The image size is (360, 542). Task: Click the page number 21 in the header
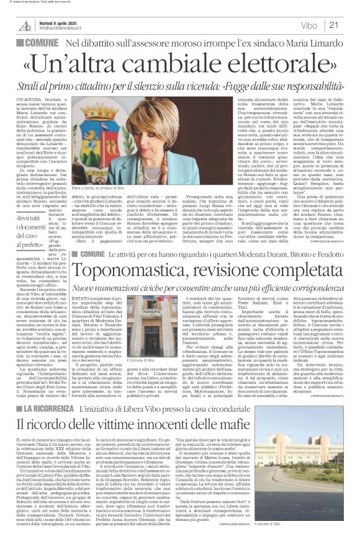click(350, 25)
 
